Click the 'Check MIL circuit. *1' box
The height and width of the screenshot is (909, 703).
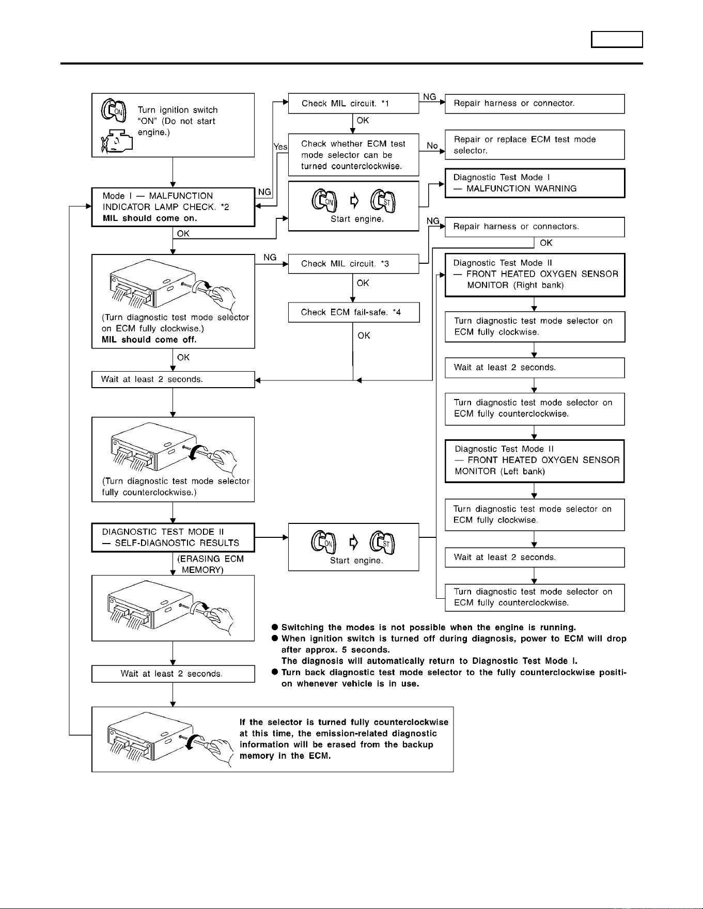tap(353, 103)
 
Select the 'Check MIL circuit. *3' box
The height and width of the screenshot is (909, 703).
tap(353, 264)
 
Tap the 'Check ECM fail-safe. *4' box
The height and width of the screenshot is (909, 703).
tap(353, 312)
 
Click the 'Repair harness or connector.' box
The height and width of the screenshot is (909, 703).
tap(535, 103)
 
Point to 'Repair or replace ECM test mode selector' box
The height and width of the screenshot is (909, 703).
tap(535, 145)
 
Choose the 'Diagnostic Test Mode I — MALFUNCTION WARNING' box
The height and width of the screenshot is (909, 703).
tap(535, 183)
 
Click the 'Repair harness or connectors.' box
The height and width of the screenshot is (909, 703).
tap(535, 227)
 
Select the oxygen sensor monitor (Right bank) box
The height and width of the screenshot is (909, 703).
tap(535, 275)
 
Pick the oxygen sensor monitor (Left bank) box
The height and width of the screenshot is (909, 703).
tap(535, 461)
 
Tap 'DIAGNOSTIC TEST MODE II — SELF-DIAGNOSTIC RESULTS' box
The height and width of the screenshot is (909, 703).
tap(173, 538)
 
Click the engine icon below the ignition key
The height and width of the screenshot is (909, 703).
tap(117, 140)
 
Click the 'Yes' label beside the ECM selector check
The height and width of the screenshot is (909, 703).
tap(280, 147)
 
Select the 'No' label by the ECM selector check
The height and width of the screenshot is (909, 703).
tap(432, 146)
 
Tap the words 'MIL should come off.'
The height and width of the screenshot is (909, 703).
tap(149, 340)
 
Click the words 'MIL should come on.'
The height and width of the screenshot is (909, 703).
tap(150, 218)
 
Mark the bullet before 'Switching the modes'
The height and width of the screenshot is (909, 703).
tap(275, 627)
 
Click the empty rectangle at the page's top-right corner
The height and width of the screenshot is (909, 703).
tap(617, 40)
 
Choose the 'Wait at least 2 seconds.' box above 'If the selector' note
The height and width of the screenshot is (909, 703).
tap(173, 674)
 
